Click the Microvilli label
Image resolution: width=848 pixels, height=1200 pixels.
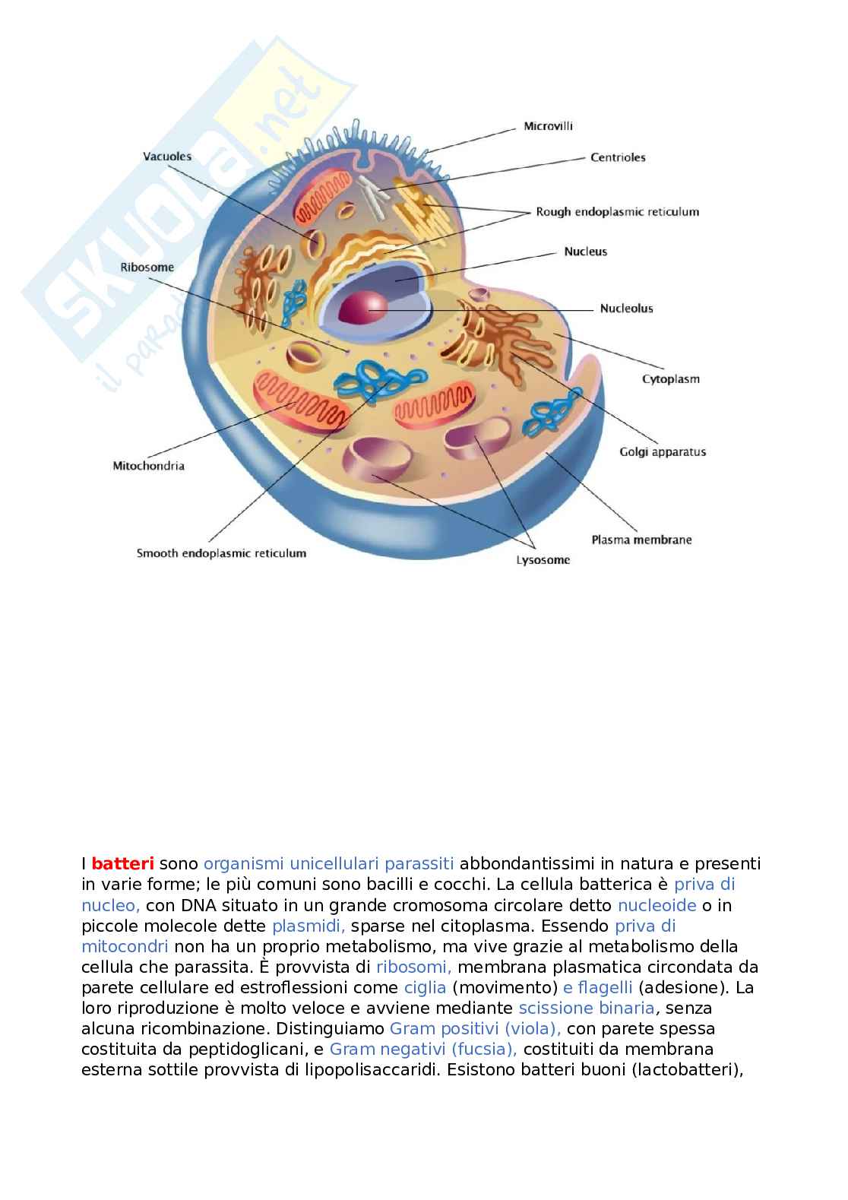[548, 126]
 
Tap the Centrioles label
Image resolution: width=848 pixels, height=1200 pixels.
[618, 157]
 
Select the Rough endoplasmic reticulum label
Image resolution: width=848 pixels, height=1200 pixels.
[617, 212]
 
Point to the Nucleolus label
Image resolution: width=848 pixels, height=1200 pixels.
[626, 308]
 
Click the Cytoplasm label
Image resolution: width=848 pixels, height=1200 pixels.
[670, 378]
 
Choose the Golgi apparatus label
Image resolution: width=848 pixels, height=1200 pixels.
[663, 451]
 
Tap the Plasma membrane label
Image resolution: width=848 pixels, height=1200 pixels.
[641, 540]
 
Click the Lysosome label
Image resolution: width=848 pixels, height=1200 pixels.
[543, 560]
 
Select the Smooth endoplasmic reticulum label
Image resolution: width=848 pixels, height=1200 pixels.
[221, 553]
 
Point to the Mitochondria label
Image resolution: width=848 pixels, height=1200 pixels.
[148, 466]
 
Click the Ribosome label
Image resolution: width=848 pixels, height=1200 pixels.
[147, 267]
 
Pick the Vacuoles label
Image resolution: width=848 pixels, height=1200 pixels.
[167, 157]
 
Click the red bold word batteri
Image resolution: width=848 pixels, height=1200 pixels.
[122, 864]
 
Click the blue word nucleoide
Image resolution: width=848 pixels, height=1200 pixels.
[657, 905]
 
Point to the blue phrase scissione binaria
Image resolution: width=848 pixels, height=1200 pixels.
[586, 1008]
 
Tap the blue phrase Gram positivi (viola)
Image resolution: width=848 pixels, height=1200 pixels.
[475, 1029]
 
